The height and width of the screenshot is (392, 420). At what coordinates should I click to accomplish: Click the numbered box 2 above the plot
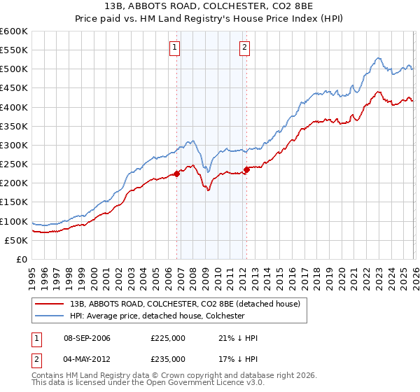click(x=244, y=48)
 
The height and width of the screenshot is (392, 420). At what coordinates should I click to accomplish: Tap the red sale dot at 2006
click(x=176, y=174)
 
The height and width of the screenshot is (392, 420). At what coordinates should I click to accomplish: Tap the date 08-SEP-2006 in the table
click(x=86, y=338)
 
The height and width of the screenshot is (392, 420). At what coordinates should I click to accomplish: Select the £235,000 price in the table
click(x=168, y=358)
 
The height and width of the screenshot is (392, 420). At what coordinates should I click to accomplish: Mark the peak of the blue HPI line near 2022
click(x=377, y=58)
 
